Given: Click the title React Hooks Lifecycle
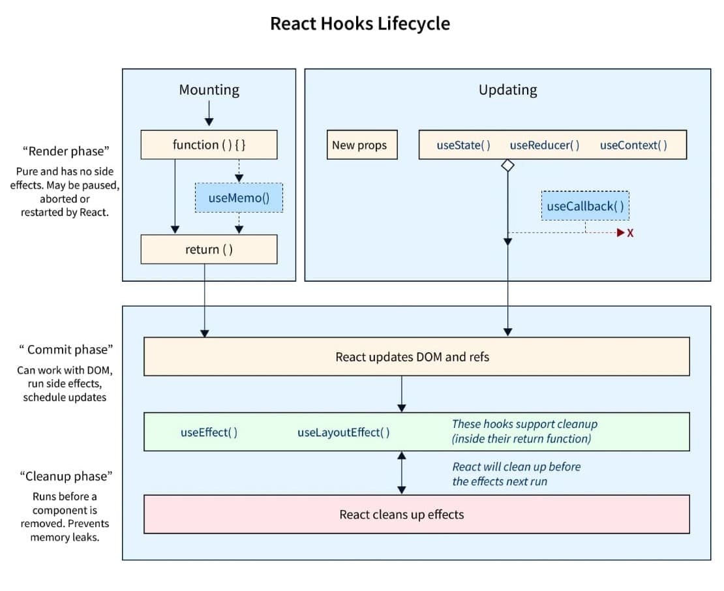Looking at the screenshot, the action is [359, 23].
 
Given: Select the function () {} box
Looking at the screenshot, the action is [209, 145].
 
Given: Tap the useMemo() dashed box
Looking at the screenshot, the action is [239, 198].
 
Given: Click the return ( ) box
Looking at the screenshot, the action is [209, 249].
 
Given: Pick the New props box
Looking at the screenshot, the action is [362, 145].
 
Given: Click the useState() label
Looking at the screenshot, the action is [463, 145].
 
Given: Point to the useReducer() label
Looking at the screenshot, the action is [545, 145].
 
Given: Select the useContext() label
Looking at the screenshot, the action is [633, 145].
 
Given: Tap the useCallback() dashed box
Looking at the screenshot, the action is [585, 206].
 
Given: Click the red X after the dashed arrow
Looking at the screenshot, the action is [630, 233].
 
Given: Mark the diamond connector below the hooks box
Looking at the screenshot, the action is [508, 165].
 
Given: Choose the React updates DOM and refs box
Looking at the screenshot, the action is [417, 356].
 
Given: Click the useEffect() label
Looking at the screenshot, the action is [209, 432].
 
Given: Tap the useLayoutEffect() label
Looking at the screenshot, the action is [344, 432].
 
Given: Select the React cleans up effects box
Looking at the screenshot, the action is [417, 515].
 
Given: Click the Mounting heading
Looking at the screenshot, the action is [209, 89].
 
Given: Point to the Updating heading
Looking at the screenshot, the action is [508, 89].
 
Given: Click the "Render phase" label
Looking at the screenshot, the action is [66, 151].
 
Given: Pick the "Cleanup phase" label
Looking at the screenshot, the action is [66, 476].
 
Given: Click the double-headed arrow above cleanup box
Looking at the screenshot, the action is [402, 473].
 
